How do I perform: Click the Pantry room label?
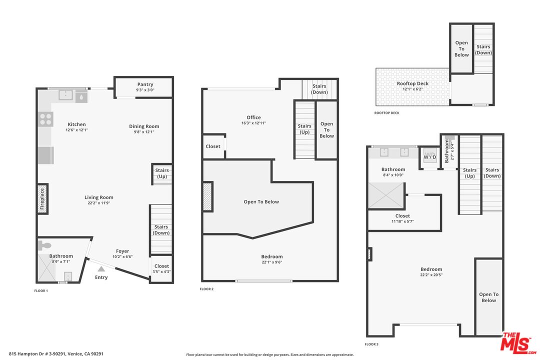[x=145, y=84]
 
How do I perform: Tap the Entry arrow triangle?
[x=101, y=269]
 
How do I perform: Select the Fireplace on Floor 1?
[x=42, y=199]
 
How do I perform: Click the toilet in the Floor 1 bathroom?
[x=44, y=245]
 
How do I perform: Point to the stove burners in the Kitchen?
[x=45, y=119]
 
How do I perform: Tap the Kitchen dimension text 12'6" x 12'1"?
[x=77, y=130]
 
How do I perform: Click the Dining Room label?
[x=144, y=126]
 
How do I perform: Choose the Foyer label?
[x=122, y=251]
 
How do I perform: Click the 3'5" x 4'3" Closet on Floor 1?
[x=161, y=268]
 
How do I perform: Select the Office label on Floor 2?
[x=253, y=117]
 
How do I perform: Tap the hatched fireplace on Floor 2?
[x=207, y=196]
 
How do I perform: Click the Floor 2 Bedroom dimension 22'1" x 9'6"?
[x=271, y=262]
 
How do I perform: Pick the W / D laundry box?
[x=430, y=157]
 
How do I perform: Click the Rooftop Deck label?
[x=412, y=83]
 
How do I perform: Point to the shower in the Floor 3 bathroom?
[x=386, y=195]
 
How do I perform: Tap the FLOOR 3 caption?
[x=371, y=344]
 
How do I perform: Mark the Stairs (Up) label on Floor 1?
[x=162, y=173]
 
